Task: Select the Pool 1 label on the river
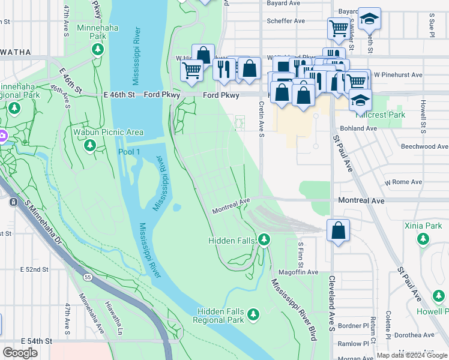[129, 151]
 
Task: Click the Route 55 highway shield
[88, 277]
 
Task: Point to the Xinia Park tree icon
[423, 239]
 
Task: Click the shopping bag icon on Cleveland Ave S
[339, 230]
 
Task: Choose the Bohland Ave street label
[358, 128]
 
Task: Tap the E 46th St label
[120, 95]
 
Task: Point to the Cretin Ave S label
[262, 118]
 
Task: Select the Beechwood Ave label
[425, 146]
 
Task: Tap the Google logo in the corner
[20, 353]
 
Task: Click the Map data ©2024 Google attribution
[412, 355]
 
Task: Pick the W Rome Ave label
[404, 182]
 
